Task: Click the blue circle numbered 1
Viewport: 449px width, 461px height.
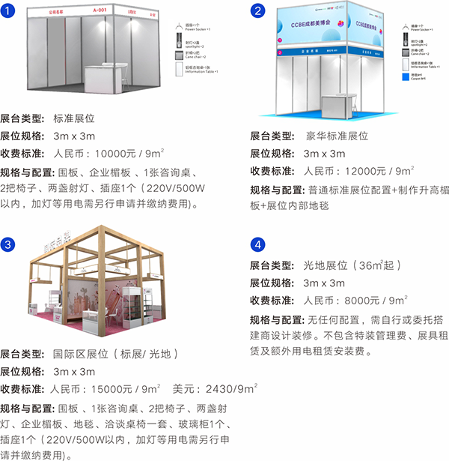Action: pyautogui.click(x=10, y=10)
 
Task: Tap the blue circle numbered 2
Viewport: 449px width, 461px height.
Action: pyautogui.click(x=258, y=10)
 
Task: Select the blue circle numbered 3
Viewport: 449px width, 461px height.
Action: pyautogui.click(x=10, y=245)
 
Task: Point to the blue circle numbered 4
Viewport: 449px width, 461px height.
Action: pyautogui.click(x=258, y=245)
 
